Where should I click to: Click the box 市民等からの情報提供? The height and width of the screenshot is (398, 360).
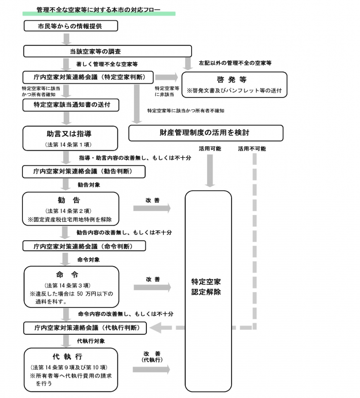[71, 26]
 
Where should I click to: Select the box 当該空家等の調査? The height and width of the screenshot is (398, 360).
[108, 51]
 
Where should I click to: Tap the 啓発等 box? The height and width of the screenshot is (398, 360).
[234, 84]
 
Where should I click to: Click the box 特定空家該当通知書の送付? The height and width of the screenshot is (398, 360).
[71, 104]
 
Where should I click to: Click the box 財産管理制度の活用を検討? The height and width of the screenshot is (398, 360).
[206, 133]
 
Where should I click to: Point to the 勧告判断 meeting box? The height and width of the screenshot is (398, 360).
[84, 172]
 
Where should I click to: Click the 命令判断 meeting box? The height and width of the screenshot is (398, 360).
[84, 246]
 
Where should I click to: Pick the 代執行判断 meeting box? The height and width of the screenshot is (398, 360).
[86, 328]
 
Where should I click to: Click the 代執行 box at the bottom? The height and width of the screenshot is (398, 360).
[71, 369]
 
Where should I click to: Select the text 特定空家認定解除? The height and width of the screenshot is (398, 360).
[208, 287]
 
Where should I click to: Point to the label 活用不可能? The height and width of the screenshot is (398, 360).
[251, 148]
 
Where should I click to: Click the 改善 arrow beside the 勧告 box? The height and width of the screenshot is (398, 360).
[152, 208]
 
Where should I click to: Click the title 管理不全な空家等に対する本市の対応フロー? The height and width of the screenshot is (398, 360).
[99, 9]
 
